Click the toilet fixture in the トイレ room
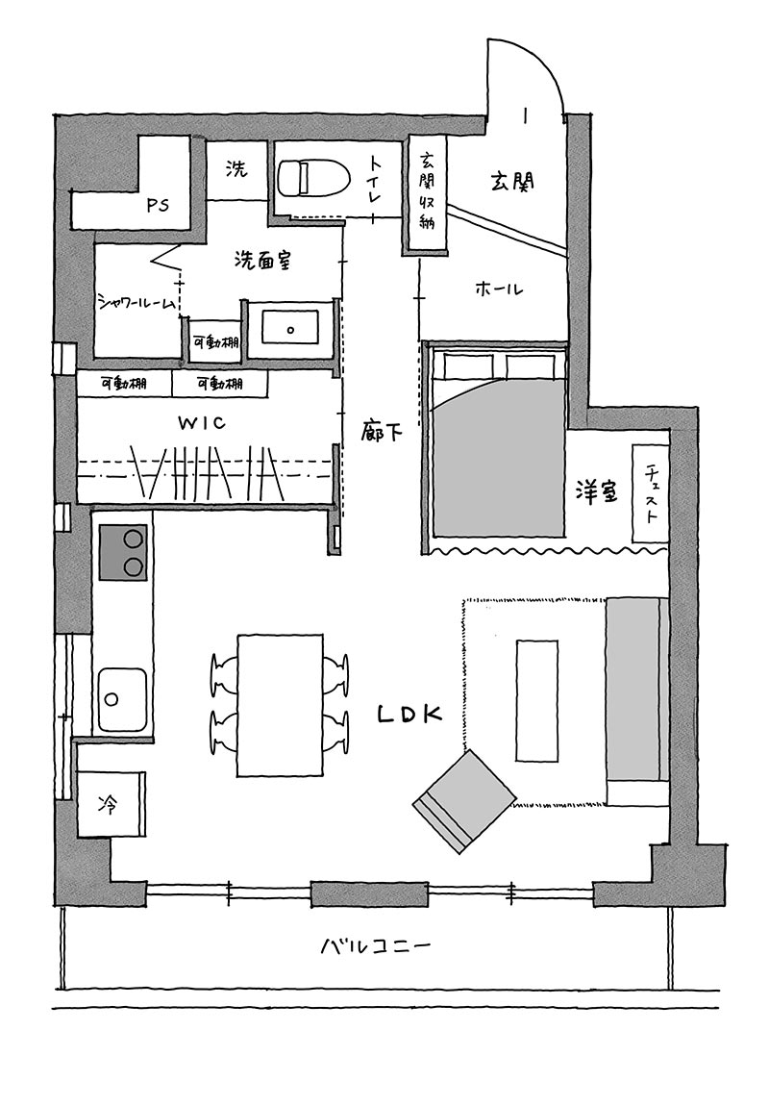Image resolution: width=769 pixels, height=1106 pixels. [314, 179]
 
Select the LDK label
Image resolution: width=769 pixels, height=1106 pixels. [409, 714]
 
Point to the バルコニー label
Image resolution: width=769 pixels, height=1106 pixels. [375, 945]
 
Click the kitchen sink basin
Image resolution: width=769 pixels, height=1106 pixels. [123, 700]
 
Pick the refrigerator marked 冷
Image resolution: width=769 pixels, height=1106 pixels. [111, 803]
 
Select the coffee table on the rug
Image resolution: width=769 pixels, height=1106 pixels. [537, 700]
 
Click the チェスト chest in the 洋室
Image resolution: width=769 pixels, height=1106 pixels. [650, 493]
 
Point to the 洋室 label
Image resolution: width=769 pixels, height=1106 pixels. [596, 492]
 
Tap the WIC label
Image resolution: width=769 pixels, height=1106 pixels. [202, 423]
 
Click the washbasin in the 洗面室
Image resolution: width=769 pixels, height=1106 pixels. [289, 327]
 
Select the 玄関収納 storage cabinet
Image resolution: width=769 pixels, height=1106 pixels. [427, 194]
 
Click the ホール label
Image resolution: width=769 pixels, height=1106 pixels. [500, 289]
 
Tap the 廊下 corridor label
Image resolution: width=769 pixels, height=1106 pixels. [382, 430]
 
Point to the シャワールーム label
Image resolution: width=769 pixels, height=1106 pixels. [136, 304]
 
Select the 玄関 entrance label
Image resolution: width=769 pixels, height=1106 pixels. [512, 181]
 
